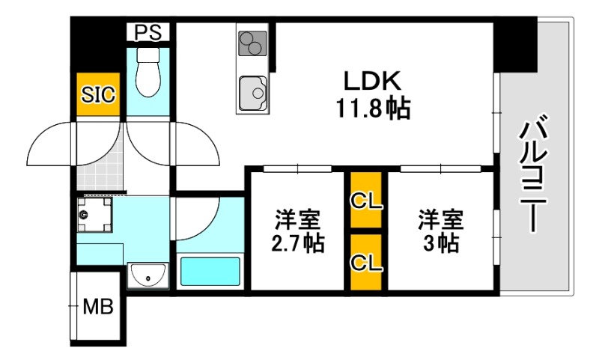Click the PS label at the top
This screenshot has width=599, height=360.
coord(148,32)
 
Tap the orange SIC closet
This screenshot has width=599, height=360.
coord(99,94)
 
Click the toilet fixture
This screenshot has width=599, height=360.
coord(149,73)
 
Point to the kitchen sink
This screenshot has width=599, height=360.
coord(255,93)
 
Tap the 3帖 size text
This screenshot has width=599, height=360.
coord(440,243)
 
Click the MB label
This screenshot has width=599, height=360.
coord(98,308)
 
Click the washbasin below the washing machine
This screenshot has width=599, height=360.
coord(148,276)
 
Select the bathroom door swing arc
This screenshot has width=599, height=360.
coord(196,217)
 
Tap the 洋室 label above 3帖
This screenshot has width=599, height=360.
coord(440,221)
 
